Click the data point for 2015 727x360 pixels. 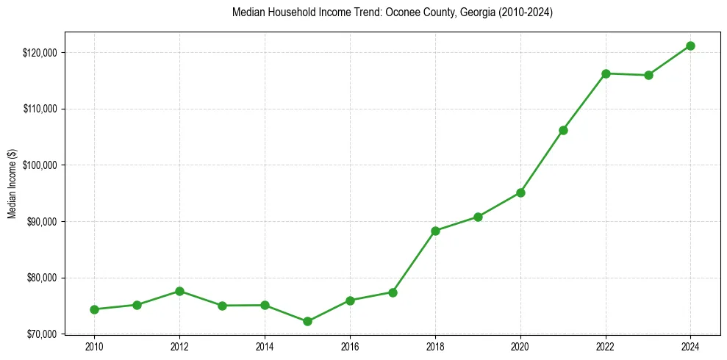coord(307,321)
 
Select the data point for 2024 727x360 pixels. coord(690,46)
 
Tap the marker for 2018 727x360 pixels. coord(435,231)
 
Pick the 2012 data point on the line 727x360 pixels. coord(179,291)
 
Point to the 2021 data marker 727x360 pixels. coord(563,130)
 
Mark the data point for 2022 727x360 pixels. coord(606,73)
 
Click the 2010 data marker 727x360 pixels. coord(94,309)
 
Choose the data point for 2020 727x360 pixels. coord(520,192)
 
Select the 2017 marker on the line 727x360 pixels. coord(393,292)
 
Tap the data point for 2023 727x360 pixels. coord(648,75)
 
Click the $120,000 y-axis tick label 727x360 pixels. coord(42,53)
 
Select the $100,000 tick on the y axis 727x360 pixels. coord(42,165)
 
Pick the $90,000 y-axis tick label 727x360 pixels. coord(43,222)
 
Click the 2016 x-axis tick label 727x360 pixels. coord(350,347)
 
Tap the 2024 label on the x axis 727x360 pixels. coord(690,347)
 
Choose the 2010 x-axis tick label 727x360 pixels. coord(94,347)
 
